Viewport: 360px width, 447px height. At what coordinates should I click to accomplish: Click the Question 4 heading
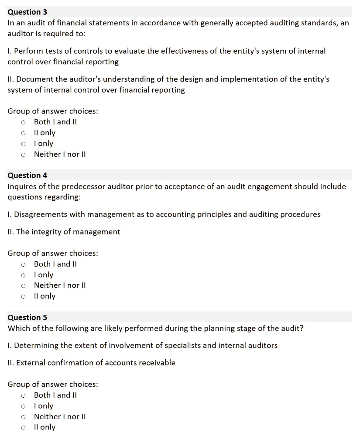[x=27, y=175]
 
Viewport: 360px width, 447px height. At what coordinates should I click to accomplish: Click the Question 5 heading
[x=27, y=317]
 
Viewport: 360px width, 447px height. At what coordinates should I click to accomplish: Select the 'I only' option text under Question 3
[x=44, y=144]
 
